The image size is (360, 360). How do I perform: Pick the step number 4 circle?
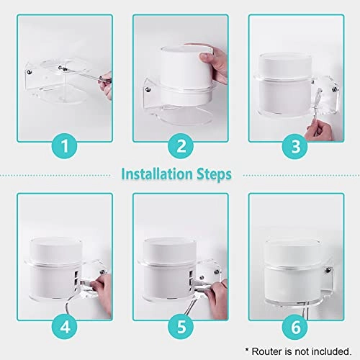coord(63,325)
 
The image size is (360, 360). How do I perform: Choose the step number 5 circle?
coord(180,325)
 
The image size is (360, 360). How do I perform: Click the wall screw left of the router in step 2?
coord(148,89)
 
